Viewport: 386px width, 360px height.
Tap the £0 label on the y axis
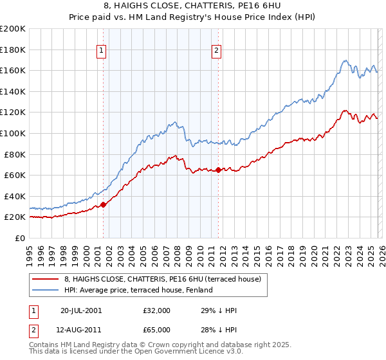pyautogui.click(x=21, y=238)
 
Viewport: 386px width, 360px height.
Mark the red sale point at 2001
pyautogui.click(x=103, y=205)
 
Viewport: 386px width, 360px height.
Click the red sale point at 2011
pyautogui.click(x=218, y=170)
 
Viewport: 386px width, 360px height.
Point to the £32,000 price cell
pyautogui.click(x=157, y=310)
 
